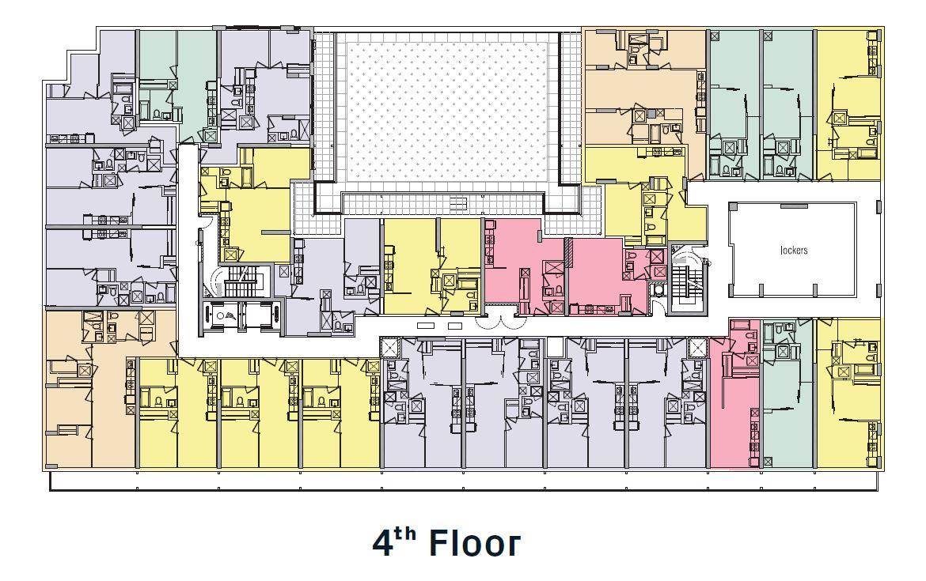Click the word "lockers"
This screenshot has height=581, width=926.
pyautogui.click(x=793, y=250)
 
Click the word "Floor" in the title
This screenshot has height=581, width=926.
pyautogui.click(x=474, y=542)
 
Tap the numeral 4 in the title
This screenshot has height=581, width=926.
pyautogui.click(x=383, y=542)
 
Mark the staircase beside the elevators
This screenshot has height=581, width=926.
pyautogui.click(x=241, y=281)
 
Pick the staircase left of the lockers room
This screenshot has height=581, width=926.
pyautogui.click(x=686, y=284)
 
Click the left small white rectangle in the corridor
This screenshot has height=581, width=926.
pyautogui.click(x=424, y=326)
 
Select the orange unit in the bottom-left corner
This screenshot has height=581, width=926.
pyautogui.click(x=89, y=389)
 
